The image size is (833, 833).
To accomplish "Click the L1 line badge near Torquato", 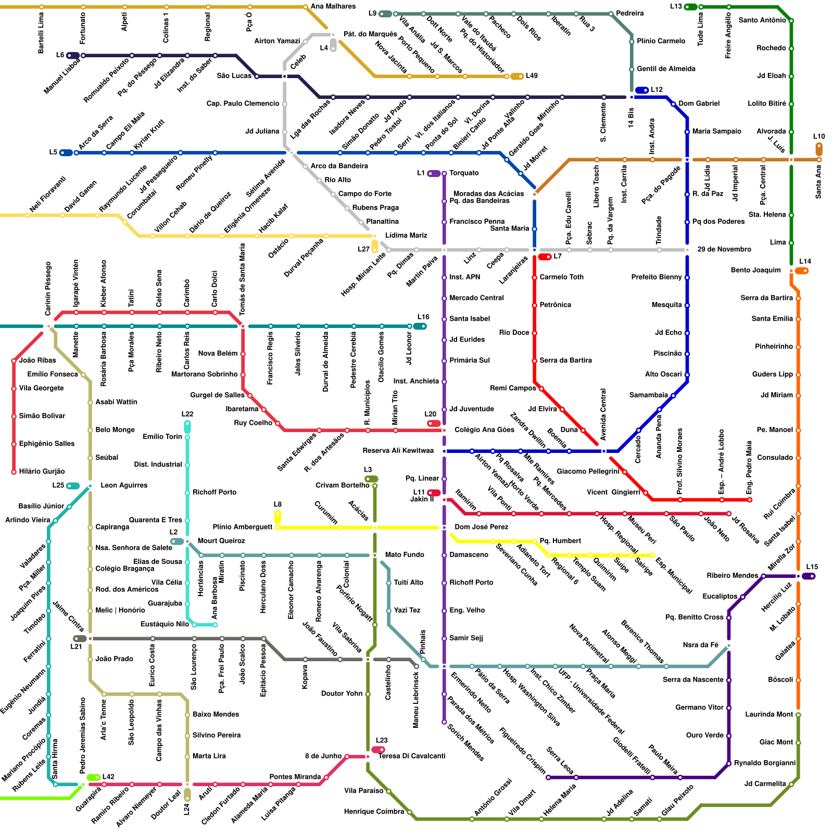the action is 433,173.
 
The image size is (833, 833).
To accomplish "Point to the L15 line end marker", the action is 809,576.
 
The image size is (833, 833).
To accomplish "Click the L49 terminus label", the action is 532,76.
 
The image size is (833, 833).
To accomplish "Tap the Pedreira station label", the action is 629,13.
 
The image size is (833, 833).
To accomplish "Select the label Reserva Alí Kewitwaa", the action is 398,450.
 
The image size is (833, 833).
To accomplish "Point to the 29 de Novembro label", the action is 724,249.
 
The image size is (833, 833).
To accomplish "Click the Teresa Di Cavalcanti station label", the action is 411,756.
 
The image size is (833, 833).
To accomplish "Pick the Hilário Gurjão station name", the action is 42,471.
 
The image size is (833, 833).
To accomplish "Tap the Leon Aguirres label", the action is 124,485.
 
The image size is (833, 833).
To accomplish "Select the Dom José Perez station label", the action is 481,527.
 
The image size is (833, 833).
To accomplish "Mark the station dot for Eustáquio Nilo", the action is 215,624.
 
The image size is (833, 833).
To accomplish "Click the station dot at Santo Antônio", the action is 791,21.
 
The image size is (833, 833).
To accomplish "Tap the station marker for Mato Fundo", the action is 375,555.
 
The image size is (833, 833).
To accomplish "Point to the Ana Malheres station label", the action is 333,6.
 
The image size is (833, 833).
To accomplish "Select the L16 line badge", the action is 420,326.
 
